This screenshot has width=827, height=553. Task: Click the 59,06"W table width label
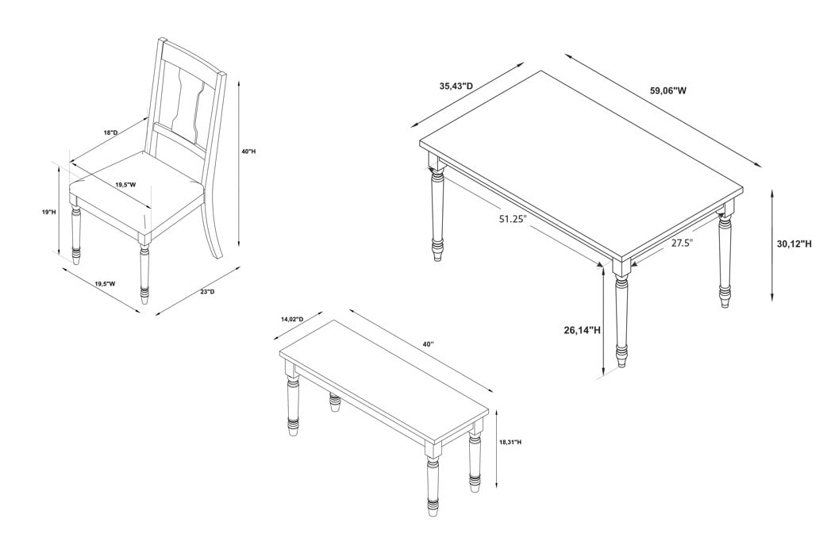click(668, 90)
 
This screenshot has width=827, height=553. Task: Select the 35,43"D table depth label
click(456, 86)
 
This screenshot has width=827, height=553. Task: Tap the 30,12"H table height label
click(794, 244)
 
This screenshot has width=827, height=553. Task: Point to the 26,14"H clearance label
click(583, 331)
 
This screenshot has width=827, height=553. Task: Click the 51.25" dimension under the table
click(514, 219)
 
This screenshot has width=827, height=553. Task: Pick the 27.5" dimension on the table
click(682, 243)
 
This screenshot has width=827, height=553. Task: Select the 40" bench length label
click(428, 344)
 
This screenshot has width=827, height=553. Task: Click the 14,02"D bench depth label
click(292, 320)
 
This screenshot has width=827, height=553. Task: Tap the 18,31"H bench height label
click(510, 442)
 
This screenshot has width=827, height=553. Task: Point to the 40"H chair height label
click(248, 152)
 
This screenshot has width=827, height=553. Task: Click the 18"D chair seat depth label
click(111, 132)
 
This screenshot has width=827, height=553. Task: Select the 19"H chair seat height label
click(48, 212)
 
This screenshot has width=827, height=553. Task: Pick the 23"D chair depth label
click(207, 291)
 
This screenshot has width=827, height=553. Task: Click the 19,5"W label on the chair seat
click(126, 185)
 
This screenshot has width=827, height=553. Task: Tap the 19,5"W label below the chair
click(105, 284)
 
